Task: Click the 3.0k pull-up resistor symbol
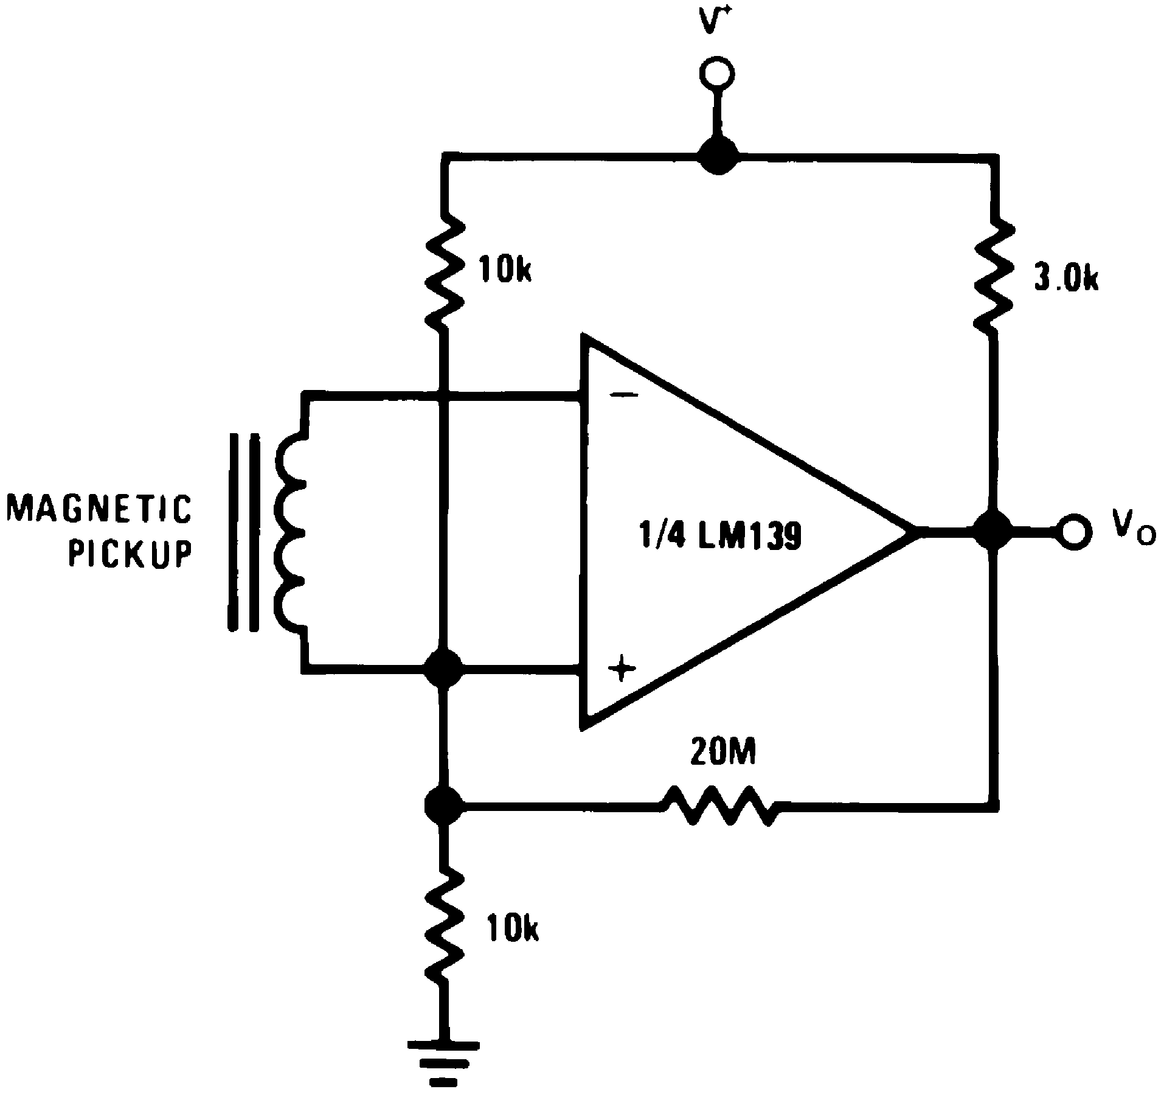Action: [x=994, y=275]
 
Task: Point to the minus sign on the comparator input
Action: [x=623, y=396]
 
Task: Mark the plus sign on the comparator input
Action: [x=622, y=670]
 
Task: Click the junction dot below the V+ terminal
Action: [x=718, y=156]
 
